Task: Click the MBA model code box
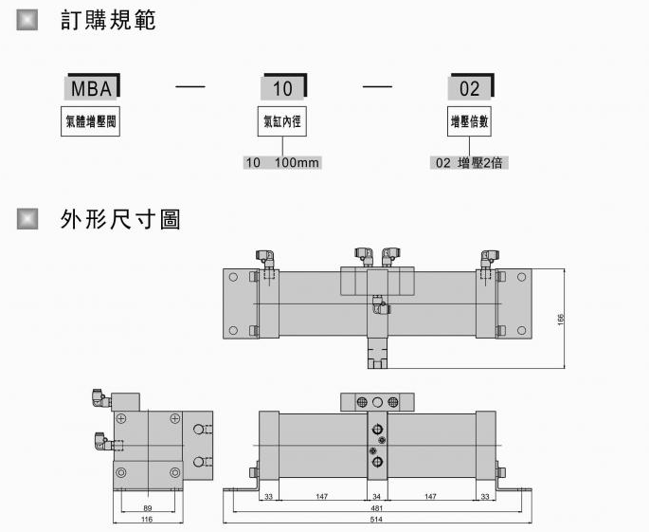point(93,89)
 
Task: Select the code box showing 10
point(282,89)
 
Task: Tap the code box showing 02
point(470,89)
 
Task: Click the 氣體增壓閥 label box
point(93,122)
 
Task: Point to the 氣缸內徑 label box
point(282,122)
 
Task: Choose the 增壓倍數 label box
point(470,122)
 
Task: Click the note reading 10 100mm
point(282,162)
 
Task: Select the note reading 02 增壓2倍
point(469,162)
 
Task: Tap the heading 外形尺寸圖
point(119,220)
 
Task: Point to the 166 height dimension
point(561,320)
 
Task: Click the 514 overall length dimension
point(377,520)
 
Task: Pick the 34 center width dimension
point(377,498)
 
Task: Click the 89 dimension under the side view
point(146,509)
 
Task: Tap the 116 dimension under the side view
point(146,520)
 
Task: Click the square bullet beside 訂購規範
point(28,20)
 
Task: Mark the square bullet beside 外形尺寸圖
point(28,220)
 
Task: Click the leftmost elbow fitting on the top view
point(265,258)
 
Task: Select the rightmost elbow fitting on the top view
point(489,258)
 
